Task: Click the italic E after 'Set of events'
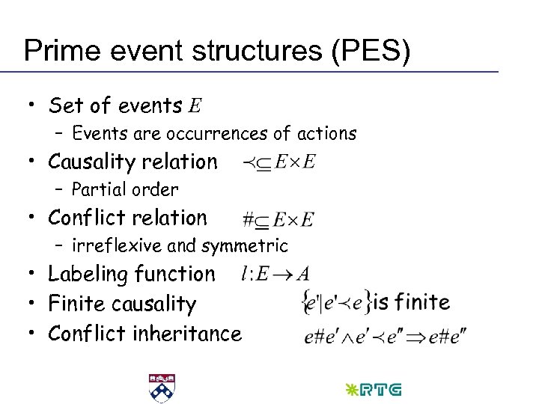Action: pyautogui.click(x=195, y=106)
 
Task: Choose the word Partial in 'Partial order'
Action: pyautogui.click(x=98, y=190)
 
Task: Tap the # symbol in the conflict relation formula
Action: pyautogui.click(x=249, y=219)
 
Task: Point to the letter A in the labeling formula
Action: pyautogui.click(x=303, y=275)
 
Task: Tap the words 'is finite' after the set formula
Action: pyautogui.click(x=412, y=302)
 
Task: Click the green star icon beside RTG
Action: pyautogui.click(x=350, y=389)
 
